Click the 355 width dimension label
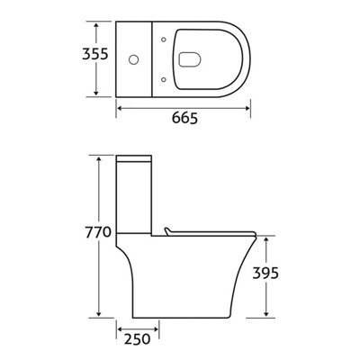[94, 55]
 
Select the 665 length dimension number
[185, 119]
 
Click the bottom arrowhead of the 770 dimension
[97, 315]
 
